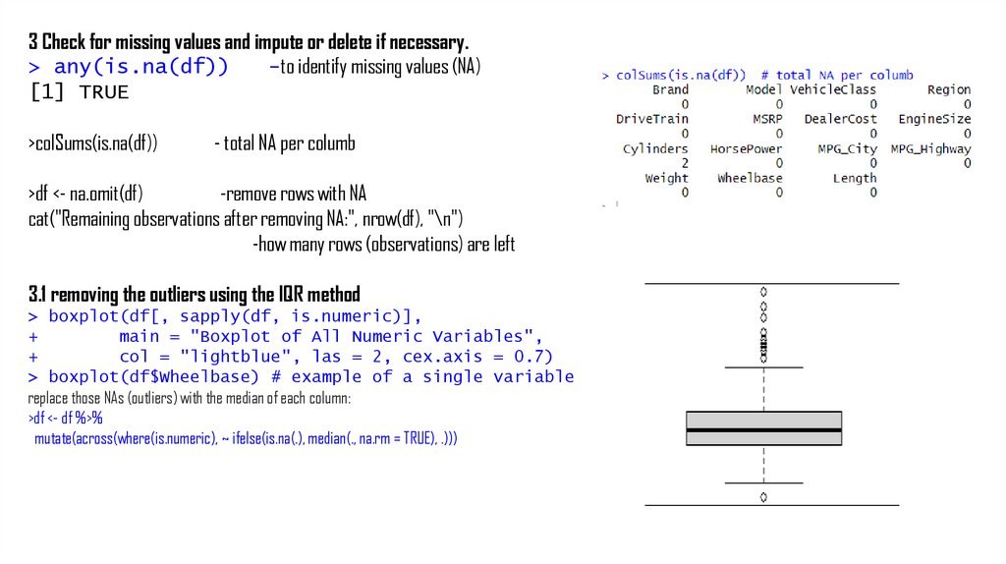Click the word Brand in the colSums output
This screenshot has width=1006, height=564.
[670, 89]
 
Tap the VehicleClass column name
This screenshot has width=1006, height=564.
[832, 89]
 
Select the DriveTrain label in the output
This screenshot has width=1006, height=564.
[652, 119]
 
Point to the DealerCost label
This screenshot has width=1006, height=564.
[840, 119]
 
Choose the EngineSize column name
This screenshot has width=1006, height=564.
[934, 119]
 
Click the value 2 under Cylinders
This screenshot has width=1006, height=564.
[685, 163]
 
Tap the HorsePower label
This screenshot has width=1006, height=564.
[746, 149]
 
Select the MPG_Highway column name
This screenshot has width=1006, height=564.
[930, 149]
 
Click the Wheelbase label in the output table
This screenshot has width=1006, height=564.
[750, 178]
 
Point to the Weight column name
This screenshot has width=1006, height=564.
[666, 178]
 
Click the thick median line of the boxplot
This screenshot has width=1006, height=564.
[763, 429]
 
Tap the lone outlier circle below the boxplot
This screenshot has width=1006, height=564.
[763, 497]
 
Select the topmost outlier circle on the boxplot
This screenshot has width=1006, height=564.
[763, 292]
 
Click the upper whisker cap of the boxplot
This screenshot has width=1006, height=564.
[763, 367]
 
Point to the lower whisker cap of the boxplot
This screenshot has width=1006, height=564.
[763, 482]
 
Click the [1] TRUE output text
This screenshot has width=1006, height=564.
[79, 93]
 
